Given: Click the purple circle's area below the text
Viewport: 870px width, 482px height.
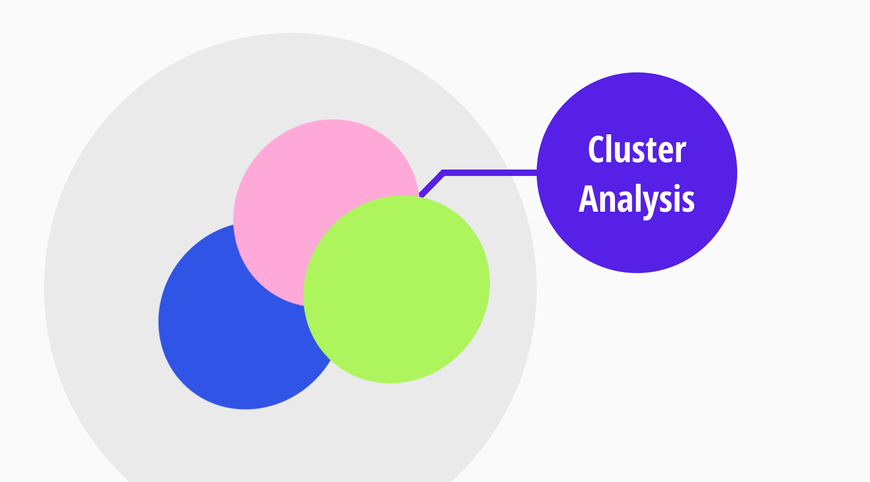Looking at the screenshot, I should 636,243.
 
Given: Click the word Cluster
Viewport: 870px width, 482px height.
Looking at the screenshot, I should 636,150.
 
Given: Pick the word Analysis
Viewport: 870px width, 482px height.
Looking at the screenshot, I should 636,199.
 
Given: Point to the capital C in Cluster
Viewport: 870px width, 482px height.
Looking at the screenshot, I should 597,150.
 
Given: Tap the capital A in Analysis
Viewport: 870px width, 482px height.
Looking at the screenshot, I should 588,199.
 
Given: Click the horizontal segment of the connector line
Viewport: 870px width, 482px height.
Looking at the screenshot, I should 490,173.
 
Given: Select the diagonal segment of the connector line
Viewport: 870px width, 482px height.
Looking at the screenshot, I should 432,185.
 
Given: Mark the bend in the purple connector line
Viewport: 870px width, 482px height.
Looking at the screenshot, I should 443,173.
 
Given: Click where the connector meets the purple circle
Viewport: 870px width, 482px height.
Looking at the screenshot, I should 537,173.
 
